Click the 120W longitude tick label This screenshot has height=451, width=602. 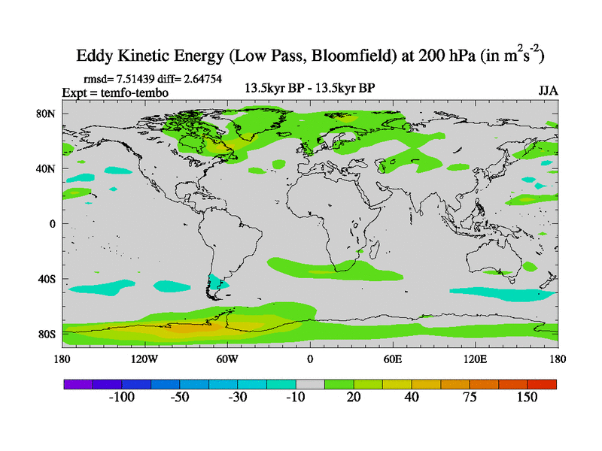[144, 359]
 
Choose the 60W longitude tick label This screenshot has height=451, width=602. [227, 359]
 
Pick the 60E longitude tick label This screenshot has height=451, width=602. [393, 359]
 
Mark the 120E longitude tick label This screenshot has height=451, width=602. [476, 359]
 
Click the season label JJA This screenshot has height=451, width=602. [548, 90]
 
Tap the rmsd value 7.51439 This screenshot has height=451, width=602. [143, 78]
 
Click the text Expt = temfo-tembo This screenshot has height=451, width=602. [114, 92]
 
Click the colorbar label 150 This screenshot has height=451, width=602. [527, 398]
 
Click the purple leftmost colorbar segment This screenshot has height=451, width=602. [78, 384]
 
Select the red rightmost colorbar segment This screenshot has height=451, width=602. [542, 384]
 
